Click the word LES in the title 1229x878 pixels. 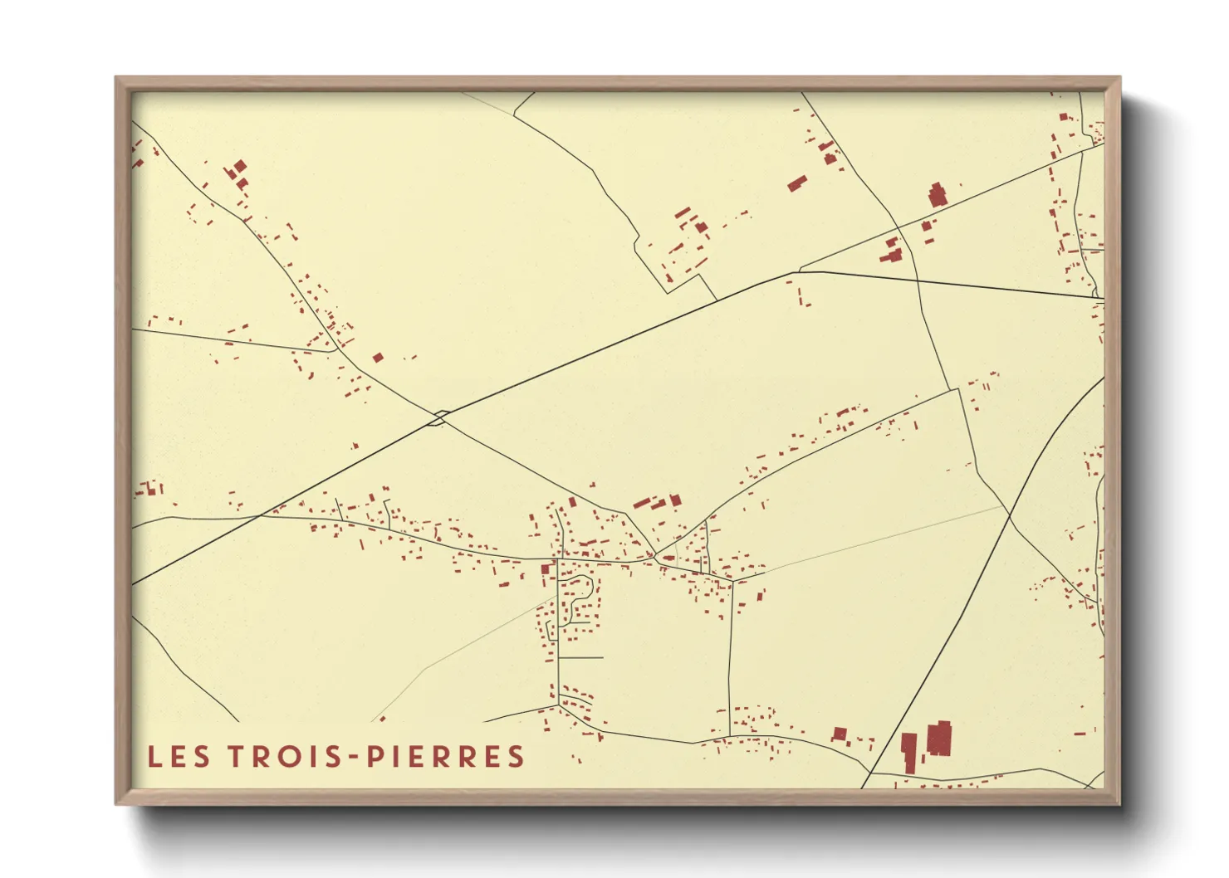[x=179, y=756]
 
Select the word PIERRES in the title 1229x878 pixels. [x=445, y=756]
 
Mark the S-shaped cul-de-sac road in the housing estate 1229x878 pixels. [x=581, y=598]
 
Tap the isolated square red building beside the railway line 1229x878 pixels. [x=378, y=358]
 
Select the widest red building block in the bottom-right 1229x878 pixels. [x=938, y=738]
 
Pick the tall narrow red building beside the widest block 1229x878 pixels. [x=909, y=751]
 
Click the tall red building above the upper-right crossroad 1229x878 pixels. [x=937, y=196]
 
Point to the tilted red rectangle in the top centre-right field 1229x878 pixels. [x=797, y=183]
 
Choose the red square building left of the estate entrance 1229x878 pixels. [x=546, y=569]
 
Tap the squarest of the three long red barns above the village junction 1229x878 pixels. [x=675, y=500]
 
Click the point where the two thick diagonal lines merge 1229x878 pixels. [x=797, y=272]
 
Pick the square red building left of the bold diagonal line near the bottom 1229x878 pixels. [x=840, y=734]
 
